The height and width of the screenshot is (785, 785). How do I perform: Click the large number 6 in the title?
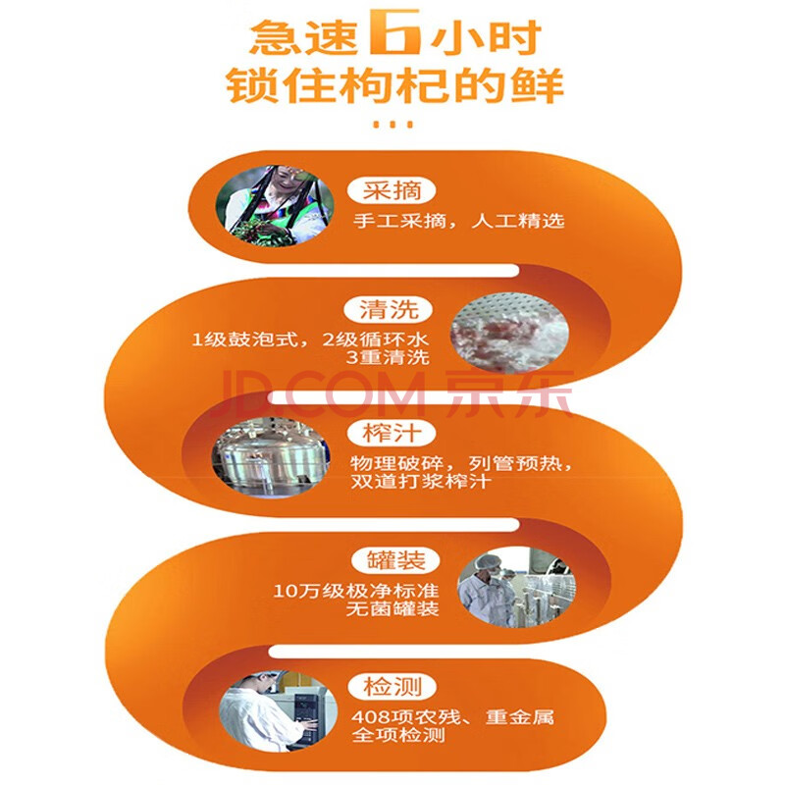[394, 31]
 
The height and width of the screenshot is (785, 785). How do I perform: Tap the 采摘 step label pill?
[392, 190]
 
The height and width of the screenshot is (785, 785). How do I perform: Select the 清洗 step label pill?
[389, 309]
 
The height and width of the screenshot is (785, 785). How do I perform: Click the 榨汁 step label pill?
[392, 433]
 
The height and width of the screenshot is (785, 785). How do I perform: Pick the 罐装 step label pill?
[395, 560]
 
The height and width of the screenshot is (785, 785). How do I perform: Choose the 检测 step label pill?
[392, 687]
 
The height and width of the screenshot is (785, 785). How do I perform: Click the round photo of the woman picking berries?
[275, 206]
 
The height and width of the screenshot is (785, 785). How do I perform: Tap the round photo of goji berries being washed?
[509, 332]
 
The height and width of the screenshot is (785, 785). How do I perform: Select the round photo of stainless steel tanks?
[271, 456]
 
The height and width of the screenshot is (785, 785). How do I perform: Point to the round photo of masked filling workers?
[517, 586]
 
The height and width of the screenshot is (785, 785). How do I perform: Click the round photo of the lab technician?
[279, 710]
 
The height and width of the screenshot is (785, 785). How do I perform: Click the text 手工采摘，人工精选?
[458, 221]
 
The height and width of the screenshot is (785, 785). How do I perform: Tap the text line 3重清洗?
[388, 357]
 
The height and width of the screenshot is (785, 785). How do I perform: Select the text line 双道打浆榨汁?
[420, 481]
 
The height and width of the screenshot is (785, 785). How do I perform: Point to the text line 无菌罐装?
[392, 608]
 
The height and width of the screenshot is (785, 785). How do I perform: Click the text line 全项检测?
[398, 735]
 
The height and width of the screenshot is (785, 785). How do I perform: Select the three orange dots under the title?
[393, 125]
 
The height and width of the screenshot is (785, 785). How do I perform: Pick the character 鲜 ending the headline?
[537, 86]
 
